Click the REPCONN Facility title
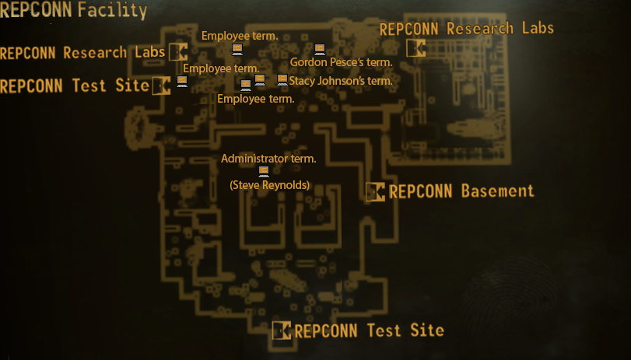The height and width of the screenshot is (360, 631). [74, 11]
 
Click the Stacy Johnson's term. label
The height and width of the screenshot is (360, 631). [339, 80]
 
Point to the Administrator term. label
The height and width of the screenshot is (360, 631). [268, 159]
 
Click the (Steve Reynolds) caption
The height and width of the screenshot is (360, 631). [269, 185]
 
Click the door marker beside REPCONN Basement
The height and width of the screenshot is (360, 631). [375, 191]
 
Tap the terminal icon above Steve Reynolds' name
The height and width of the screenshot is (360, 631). [264, 171]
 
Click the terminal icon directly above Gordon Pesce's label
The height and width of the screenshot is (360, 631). [319, 51]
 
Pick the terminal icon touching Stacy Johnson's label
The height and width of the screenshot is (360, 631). [282, 80]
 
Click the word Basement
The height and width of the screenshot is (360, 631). [497, 191]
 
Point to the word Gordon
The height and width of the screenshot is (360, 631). [307, 62]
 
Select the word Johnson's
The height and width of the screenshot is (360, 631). [343, 80]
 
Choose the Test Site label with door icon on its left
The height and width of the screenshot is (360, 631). [369, 330]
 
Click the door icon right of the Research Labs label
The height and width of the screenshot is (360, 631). [178, 53]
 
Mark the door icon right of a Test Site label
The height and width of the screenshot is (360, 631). [162, 86]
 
